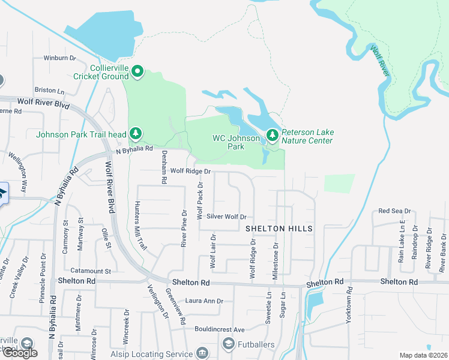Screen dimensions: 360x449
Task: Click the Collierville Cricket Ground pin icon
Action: coord(137,73)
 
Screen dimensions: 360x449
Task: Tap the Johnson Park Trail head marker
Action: coord(136,133)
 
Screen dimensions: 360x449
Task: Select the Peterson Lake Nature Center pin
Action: coord(273,136)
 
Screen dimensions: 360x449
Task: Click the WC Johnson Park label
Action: coord(236,142)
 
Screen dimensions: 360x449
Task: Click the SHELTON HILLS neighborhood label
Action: coord(279,229)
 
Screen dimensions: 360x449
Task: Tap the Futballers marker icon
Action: coord(228,344)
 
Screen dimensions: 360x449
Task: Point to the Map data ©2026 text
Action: coord(423,355)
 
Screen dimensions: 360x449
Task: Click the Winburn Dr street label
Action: coord(59,58)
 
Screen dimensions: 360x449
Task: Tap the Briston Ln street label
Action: coord(49,91)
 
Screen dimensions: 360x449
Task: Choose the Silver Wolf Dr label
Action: coord(226,217)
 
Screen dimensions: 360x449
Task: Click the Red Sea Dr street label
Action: coord(394,211)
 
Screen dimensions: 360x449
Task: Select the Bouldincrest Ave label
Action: coord(219,329)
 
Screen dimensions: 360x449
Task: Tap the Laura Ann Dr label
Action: coord(204,301)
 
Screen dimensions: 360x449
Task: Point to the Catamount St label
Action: coord(90,271)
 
